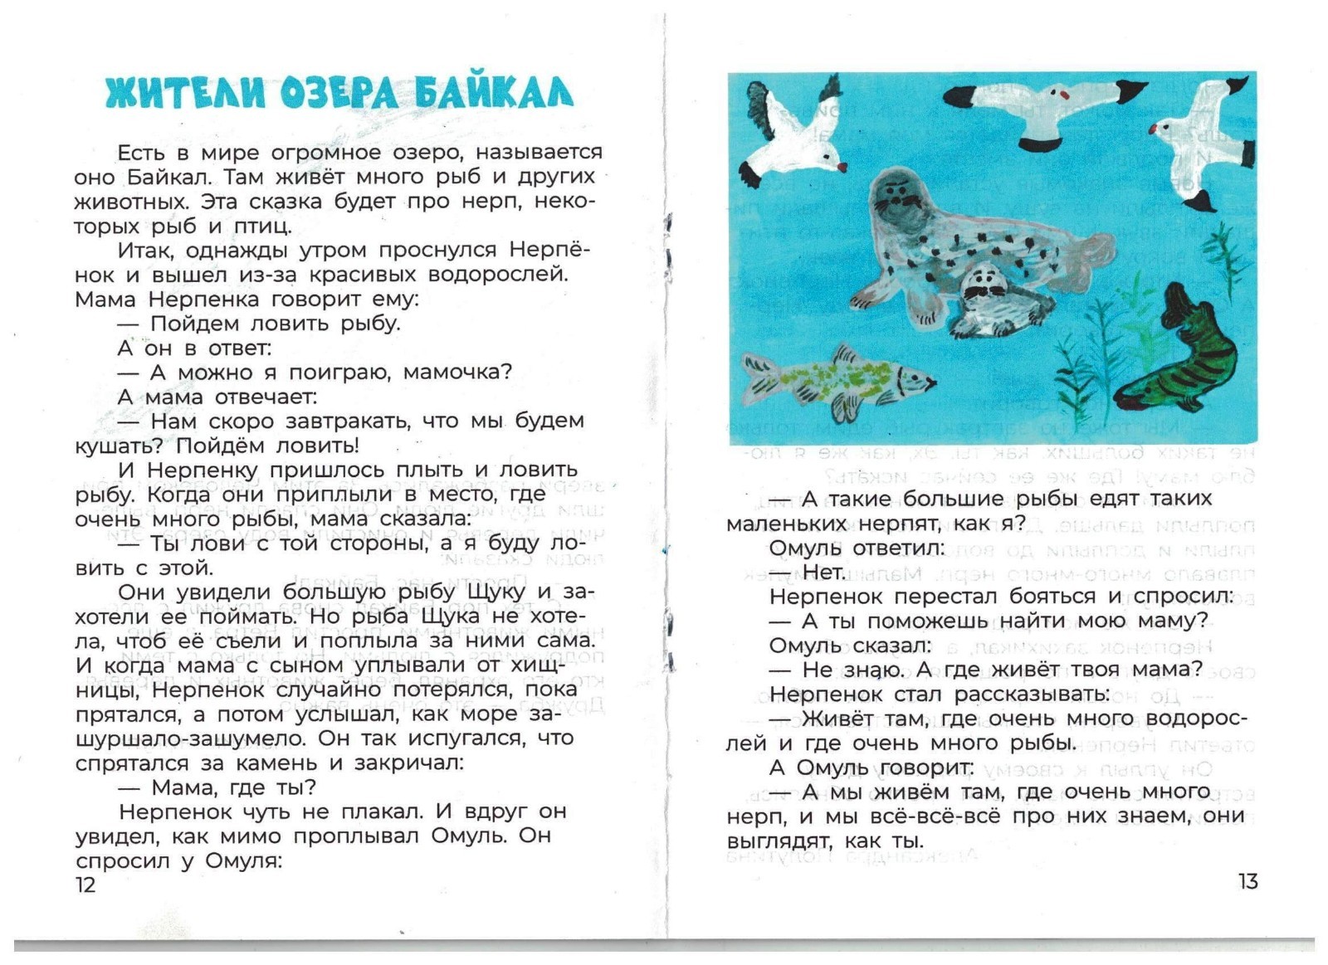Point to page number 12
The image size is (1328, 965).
point(85,885)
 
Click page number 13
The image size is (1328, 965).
point(1247,881)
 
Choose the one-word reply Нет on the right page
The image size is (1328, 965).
point(823,572)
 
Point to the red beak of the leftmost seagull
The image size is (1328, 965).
point(842,167)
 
